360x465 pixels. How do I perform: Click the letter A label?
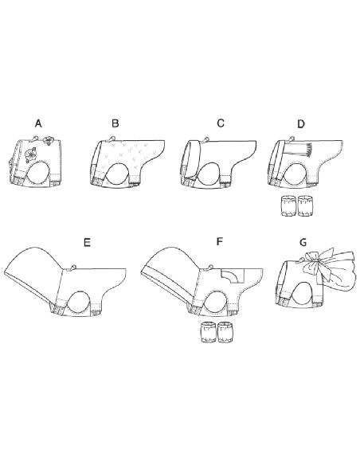(37, 124)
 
